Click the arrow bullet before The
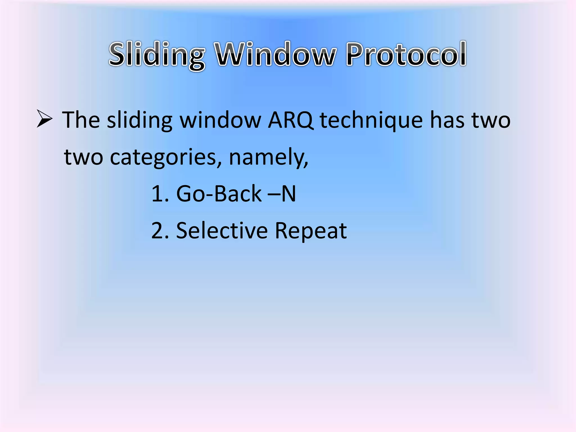tap(44, 119)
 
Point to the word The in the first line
tap(81, 120)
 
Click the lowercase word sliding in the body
tap(139, 120)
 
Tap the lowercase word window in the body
tap(220, 120)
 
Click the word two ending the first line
tap(491, 120)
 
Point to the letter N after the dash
tap(289, 194)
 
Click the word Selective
tap(222, 231)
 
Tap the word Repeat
tap(311, 231)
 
